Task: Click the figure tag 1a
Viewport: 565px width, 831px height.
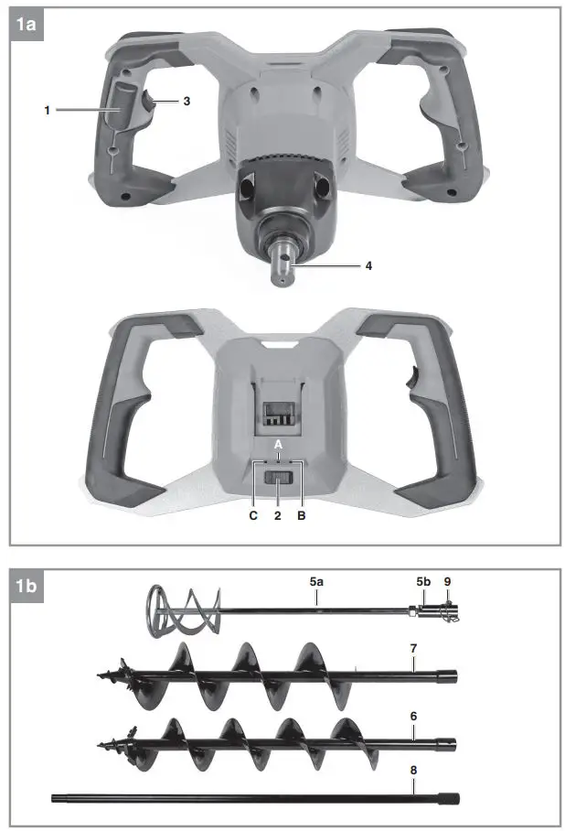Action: [x=27, y=25]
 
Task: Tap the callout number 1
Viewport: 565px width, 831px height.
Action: [x=47, y=110]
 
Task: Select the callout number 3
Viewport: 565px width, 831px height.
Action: [x=187, y=101]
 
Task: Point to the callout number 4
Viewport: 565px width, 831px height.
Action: [x=368, y=266]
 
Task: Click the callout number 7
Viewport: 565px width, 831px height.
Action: [x=413, y=647]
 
